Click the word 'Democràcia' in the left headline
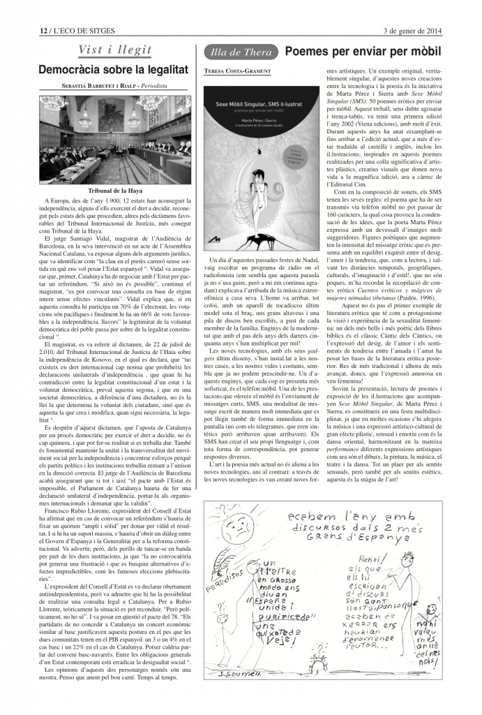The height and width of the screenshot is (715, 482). coord(73,70)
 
